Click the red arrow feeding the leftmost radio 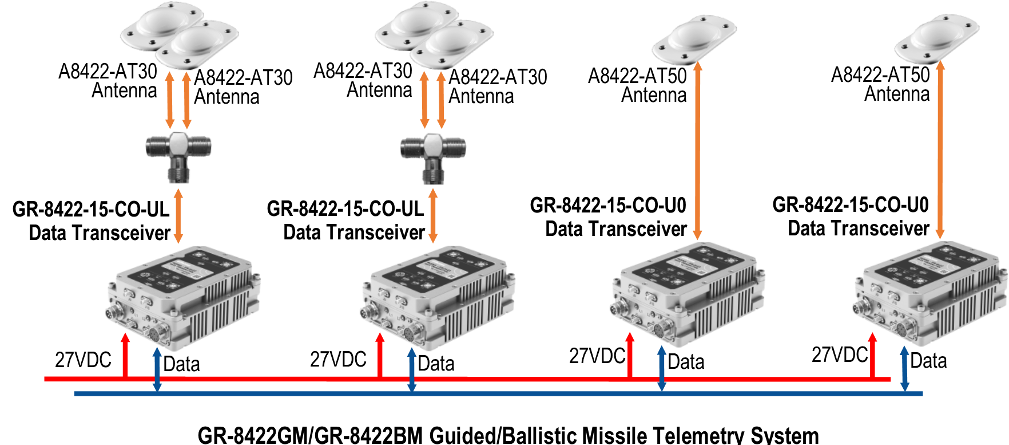(x=125, y=355)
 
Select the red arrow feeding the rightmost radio (x=872, y=355)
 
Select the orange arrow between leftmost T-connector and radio (x=178, y=216)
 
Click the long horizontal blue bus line (x=515, y=393)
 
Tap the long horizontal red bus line (x=515, y=379)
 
